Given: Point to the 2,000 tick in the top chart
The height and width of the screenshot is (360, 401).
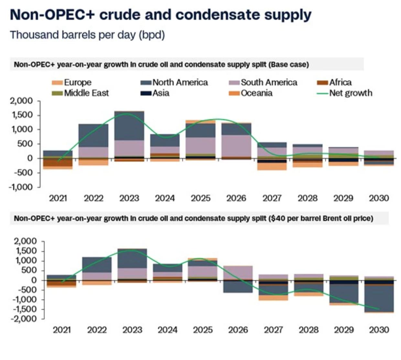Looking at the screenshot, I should (21, 101).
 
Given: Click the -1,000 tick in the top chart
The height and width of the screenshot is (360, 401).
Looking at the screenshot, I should (20, 187).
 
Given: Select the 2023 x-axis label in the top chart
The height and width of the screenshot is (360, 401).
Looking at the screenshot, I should (129, 198).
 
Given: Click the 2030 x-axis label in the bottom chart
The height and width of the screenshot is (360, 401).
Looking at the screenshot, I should (379, 330).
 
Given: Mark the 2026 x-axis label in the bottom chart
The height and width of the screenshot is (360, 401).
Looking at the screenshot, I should (238, 330).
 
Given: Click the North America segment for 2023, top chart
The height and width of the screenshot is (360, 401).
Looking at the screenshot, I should (129, 126).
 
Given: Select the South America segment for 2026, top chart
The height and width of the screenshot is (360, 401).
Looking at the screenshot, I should (236, 145).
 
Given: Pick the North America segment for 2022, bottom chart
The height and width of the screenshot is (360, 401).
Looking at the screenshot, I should (97, 265).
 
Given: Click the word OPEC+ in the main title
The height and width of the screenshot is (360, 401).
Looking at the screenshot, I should (64, 15).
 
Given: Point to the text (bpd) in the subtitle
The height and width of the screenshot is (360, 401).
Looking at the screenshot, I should (152, 35).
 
